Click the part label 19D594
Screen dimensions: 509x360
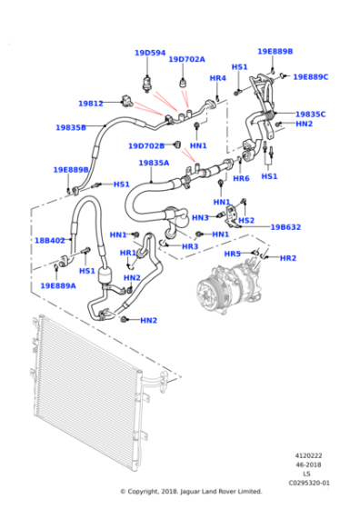[x=150, y=53]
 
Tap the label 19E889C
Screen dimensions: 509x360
[x=310, y=77]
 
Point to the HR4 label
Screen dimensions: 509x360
[x=217, y=78]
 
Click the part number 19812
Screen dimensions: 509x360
[x=90, y=104]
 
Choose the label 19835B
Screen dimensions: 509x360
[x=71, y=127]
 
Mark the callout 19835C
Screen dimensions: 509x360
[x=310, y=114]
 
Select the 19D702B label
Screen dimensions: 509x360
[x=145, y=145]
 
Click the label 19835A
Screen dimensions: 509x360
[x=154, y=163]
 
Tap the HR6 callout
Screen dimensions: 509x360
[x=241, y=178]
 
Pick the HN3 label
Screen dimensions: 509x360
[x=200, y=217]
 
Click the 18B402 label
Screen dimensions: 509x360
[x=50, y=241]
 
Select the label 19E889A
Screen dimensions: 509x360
[x=57, y=285]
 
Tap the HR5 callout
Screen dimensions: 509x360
[x=233, y=254]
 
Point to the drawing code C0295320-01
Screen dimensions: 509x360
[x=310, y=483]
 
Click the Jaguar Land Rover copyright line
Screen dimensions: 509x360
[x=191, y=492]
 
